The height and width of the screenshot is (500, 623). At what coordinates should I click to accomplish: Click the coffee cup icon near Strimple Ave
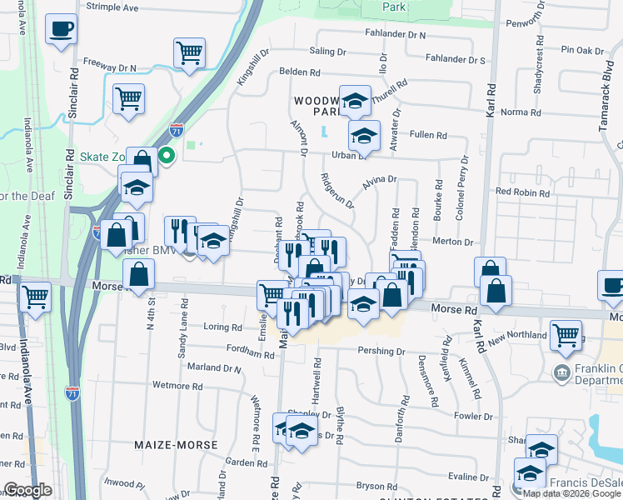tap(61, 30)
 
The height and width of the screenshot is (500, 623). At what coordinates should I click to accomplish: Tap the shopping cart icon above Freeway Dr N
tap(190, 53)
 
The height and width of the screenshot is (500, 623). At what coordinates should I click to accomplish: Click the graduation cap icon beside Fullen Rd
tap(363, 135)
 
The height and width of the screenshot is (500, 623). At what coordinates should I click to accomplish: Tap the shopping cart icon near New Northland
tap(566, 335)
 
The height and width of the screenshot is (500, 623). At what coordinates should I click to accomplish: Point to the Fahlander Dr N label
tap(395, 35)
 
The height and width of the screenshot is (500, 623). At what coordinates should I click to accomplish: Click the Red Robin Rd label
tap(522, 192)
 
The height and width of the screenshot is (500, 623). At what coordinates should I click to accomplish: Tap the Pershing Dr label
tap(381, 352)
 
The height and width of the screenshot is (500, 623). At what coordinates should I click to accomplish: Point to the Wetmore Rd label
tap(177, 386)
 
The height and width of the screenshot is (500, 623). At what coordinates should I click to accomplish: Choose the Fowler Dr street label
tap(474, 416)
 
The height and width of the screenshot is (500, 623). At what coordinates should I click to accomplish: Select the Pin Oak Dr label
tap(582, 51)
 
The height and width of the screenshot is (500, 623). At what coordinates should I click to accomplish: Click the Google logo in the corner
tap(27, 490)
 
